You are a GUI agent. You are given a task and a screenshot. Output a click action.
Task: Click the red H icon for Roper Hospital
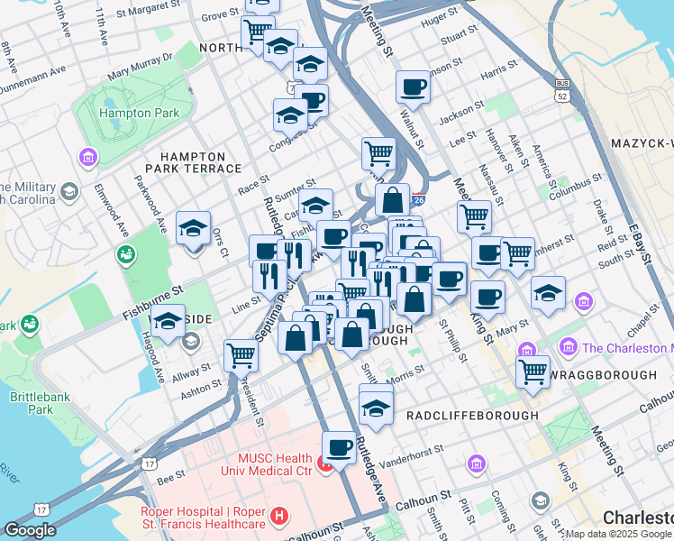pyautogui.click(x=280, y=518)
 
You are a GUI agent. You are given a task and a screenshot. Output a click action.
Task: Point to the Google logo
pyautogui.click(x=30, y=530)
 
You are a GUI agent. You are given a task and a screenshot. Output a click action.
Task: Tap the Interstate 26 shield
pyautogui.click(x=418, y=199)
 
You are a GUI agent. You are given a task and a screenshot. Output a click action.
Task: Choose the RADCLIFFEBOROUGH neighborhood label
pyautogui.click(x=472, y=416)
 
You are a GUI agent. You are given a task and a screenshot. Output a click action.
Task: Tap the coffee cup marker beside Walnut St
pyautogui.click(x=413, y=87)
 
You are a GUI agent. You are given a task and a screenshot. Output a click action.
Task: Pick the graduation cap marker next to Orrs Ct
pyautogui.click(x=193, y=227)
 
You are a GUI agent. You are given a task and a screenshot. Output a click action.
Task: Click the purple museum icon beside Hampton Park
pyautogui.click(x=87, y=159)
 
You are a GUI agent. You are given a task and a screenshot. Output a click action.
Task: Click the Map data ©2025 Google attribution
pyautogui.click(x=618, y=533)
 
